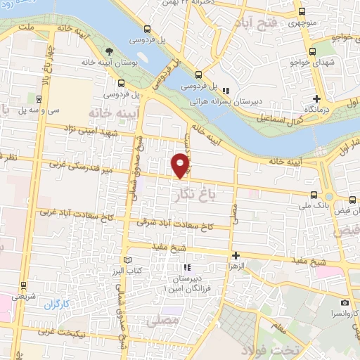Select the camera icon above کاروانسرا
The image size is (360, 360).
tap(345, 302)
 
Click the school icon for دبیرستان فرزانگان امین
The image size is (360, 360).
tap(186, 267)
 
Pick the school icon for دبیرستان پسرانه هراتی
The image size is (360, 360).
tap(225, 91)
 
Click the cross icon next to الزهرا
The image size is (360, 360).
tap(236, 256)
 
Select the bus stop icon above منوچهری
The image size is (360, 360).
tap(302, 12)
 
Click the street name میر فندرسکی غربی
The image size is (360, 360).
tap(79, 167)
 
